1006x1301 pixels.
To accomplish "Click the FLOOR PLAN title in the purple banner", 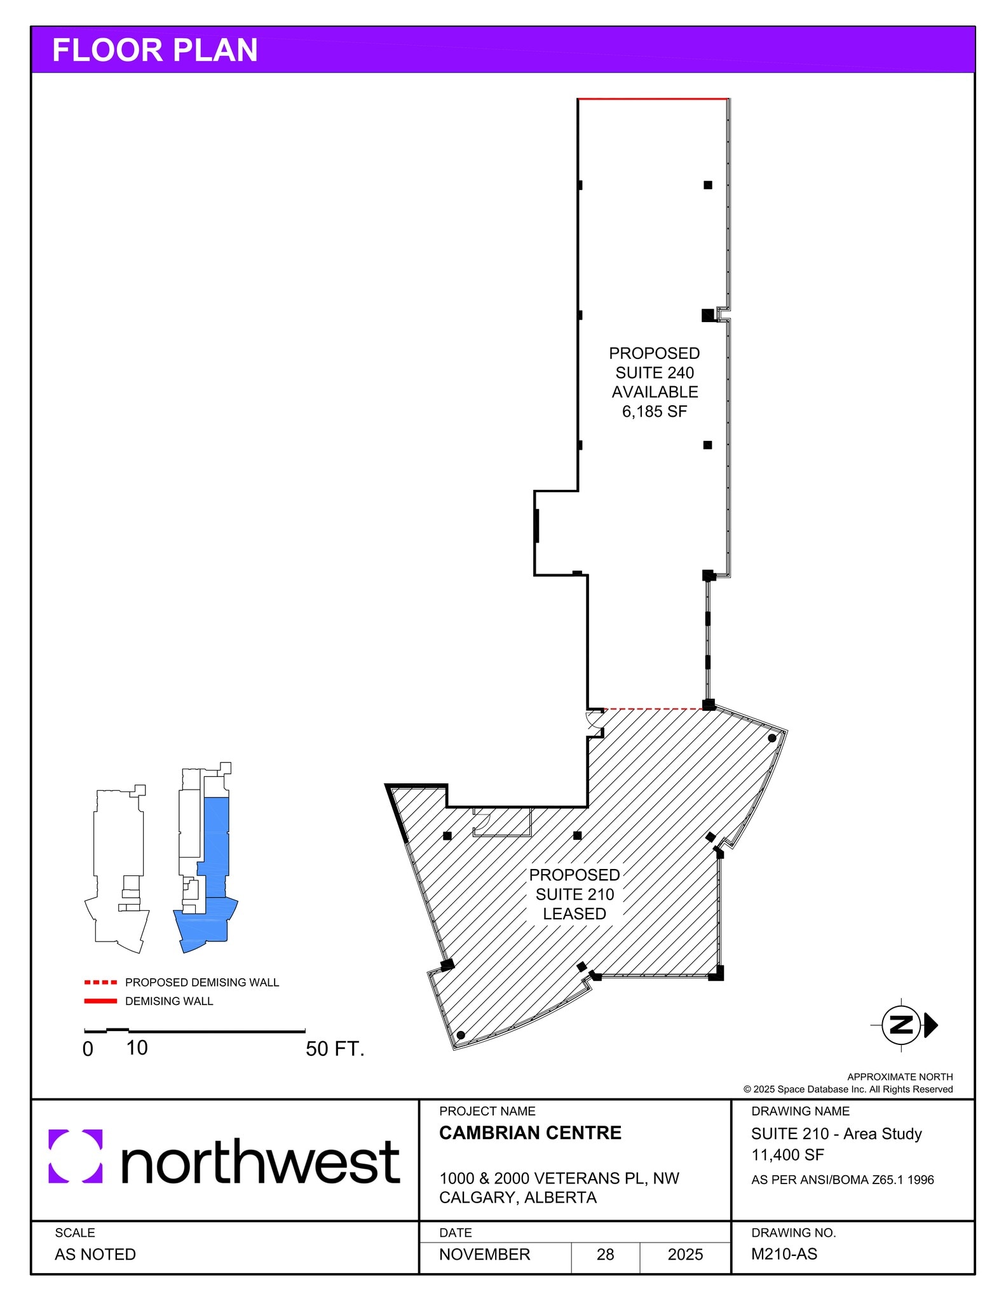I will point(154,50).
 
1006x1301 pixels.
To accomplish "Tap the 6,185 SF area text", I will point(654,412).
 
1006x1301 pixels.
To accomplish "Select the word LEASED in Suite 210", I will point(574,913).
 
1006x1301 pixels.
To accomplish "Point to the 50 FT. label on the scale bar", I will point(334,1048).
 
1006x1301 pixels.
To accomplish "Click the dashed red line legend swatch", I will point(100,982).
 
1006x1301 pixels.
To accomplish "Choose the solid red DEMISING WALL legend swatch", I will point(100,1001).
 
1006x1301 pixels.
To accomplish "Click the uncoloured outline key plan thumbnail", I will point(119,870).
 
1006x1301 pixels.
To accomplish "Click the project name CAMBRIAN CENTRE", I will point(530,1133).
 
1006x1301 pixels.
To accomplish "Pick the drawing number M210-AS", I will point(784,1254).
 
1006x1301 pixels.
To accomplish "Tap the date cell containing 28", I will point(605,1254).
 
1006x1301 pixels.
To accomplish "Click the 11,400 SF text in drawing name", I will point(787,1155).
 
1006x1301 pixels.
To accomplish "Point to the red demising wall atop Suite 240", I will point(653,99).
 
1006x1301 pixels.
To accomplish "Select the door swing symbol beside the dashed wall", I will point(595,719).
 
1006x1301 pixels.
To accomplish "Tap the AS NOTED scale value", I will point(95,1254).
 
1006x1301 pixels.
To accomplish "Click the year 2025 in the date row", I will point(685,1254).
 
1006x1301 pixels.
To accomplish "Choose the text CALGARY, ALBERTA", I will point(517,1197).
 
